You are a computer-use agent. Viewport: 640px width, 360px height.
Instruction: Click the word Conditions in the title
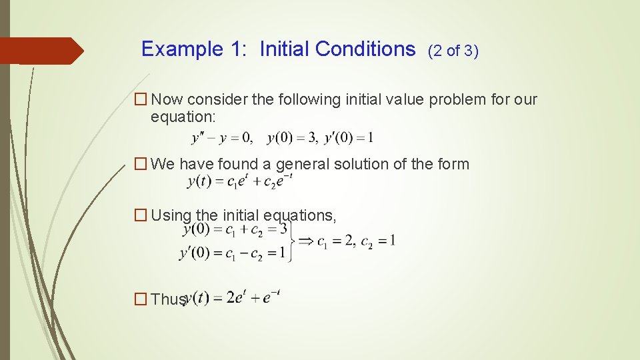click(365, 49)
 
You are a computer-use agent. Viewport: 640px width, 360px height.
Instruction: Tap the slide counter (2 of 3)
click(453, 51)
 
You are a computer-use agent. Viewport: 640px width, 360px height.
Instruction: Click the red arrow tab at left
click(41, 51)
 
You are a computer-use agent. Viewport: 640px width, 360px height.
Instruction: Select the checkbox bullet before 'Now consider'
click(140, 100)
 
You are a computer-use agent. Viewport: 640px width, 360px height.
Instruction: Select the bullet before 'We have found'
click(140, 164)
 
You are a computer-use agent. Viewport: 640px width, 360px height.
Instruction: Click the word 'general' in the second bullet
click(301, 164)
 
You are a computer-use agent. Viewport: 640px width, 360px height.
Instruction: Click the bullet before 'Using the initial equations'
click(140, 215)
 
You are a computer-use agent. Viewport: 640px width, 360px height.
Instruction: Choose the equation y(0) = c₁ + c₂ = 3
click(235, 230)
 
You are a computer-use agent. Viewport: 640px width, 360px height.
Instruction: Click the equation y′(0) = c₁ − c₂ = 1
click(233, 253)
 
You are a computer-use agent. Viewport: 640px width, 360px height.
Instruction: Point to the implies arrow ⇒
click(305, 241)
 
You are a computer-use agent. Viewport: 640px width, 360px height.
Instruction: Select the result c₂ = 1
click(378, 241)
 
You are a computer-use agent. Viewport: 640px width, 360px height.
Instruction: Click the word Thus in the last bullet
click(167, 299)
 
